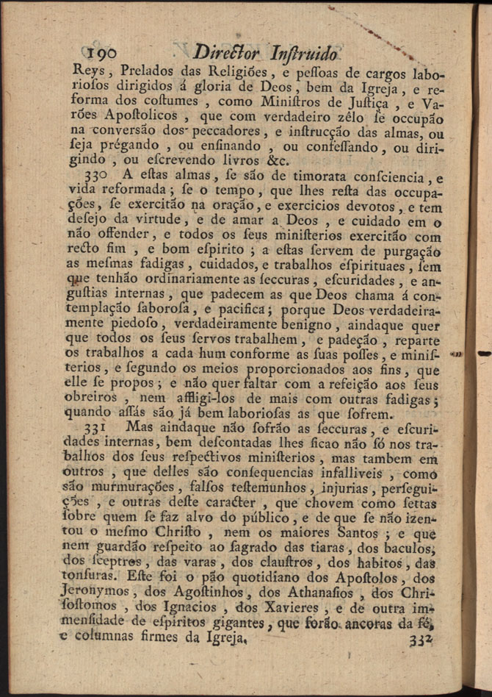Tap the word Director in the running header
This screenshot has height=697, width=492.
click(x=225, y=53)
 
